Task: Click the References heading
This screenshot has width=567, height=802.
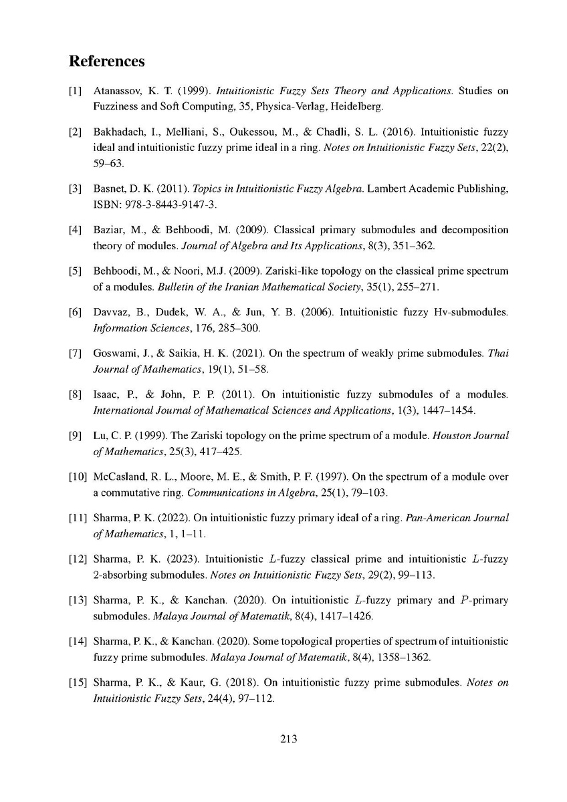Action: point(107,61)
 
